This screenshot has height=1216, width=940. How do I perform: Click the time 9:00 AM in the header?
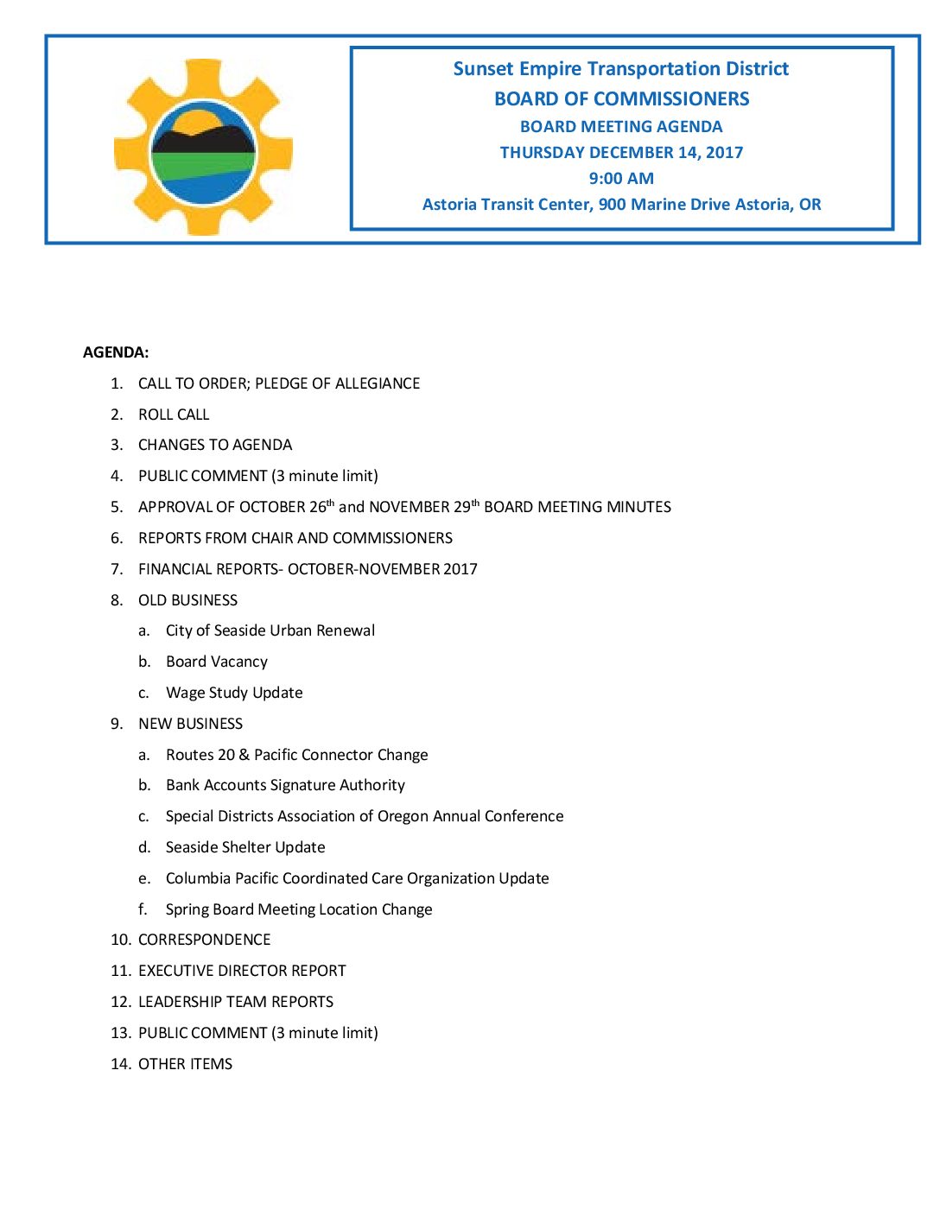(621, 179)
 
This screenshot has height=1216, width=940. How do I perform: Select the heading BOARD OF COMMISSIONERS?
(621, 99)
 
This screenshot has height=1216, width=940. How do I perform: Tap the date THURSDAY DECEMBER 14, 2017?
(621, 153)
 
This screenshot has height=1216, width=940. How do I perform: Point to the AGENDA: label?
(116, 352)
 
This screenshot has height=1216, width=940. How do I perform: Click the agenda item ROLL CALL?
(174, 415)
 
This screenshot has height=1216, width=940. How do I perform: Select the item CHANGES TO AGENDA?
(215, 445)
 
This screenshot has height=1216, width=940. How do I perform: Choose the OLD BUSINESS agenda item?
(187, 600)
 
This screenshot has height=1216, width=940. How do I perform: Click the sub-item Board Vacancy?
(217, 662)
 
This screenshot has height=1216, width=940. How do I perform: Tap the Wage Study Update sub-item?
(234, 693)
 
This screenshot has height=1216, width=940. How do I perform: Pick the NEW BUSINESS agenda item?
(190, 724)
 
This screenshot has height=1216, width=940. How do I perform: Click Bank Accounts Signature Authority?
(285, 785)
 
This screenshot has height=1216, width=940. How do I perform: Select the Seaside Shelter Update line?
(245, 847)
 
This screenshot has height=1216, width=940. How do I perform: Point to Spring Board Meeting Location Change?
(299, 909)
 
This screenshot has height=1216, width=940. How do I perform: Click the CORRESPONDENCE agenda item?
(204, 940)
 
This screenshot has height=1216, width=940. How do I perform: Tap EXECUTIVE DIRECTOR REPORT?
(242, 971)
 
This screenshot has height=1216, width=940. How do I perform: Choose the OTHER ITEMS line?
(185, 1064)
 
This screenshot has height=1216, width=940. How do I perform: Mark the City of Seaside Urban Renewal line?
(270, 630)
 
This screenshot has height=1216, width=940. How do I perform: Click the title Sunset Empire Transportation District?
(621, 69)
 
